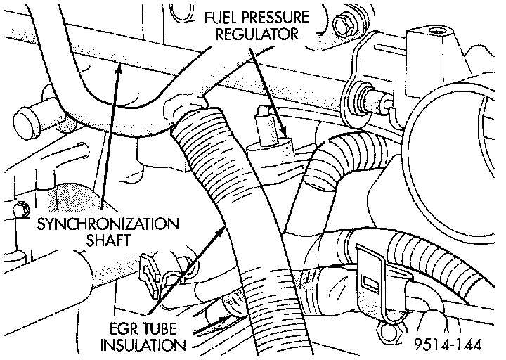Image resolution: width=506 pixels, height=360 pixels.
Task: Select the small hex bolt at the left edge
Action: point(20,208)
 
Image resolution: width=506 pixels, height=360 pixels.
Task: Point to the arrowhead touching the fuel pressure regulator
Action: point(283,131)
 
